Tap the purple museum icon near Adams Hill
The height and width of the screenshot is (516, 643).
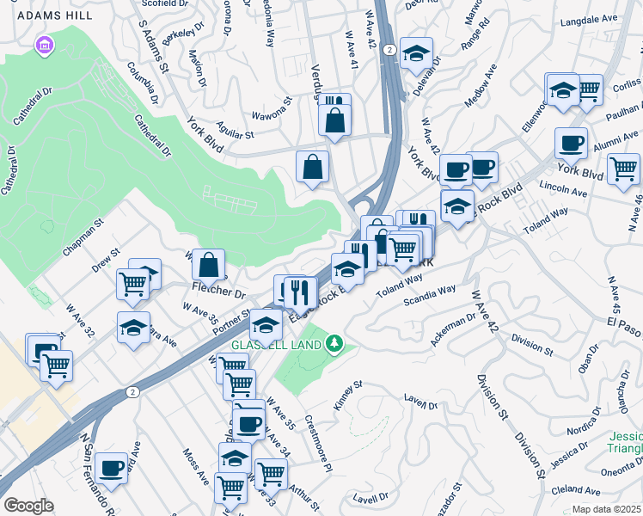pyautogui.click(x=45, y=46)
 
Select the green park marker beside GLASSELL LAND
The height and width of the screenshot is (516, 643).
pyautogui.click(x=336, y=345)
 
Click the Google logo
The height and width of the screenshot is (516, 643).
pyautogui.click(x=28, y=506)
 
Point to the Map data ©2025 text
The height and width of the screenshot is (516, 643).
pyautogui.click(x=606, y=509)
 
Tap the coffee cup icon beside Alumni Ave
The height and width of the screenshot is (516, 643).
pyautogui.click(x=570, y=142)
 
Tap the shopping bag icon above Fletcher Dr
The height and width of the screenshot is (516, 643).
pyautogui.click(x=208, y=264)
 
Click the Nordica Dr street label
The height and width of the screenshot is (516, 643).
pyautogui.click(x=589, y=427)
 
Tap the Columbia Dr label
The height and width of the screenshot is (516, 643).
pyautogui.click(x=142, y=83)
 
